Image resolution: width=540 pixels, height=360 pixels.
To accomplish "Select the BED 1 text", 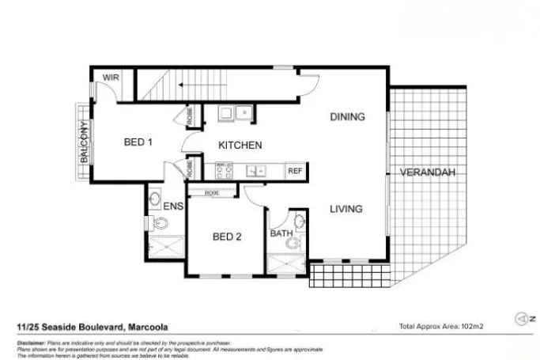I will tap(138, 142).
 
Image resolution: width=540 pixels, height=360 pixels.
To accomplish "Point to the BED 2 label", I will tap(227, 237).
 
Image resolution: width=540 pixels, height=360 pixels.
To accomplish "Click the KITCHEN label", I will tap(240, 146).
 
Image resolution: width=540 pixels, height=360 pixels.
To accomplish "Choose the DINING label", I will tap(347, 117).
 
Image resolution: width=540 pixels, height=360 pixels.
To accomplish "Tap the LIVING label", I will tap(346, 210).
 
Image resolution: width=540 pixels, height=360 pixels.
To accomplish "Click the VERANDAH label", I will tap(427, 172).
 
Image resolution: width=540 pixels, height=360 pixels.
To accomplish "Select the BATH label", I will tap(281, 234).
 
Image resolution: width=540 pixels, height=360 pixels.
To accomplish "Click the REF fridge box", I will tap(295, 171).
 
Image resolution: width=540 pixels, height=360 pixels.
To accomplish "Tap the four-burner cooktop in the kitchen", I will tap(224, 170).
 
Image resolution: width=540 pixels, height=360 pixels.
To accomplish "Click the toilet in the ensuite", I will tap(160, 223).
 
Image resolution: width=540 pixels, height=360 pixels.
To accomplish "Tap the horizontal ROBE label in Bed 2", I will tap(212, 192).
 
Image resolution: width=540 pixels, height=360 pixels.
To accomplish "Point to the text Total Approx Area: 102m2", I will tap(441, 326).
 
